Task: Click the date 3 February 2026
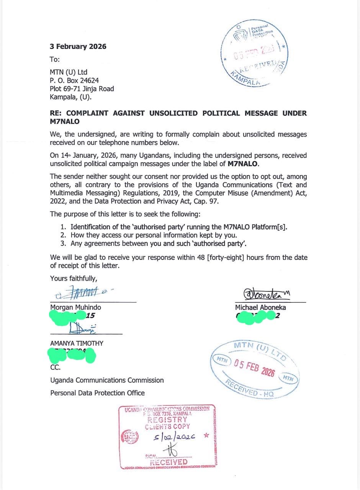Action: [78, 47]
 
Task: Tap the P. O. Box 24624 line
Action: [74, 80]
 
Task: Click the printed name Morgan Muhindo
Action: [75, 307]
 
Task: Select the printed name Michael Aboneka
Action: [260, 307]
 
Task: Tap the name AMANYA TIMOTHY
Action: [77, 343]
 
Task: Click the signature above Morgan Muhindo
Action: [82, 293]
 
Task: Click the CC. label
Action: [56, 367]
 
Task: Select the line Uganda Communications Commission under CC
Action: [107, 380]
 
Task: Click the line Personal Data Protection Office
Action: [97, 393]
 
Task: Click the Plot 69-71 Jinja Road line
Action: [82, 89]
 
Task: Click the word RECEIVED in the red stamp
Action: [169, 462]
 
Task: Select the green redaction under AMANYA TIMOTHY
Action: [72, 355]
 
